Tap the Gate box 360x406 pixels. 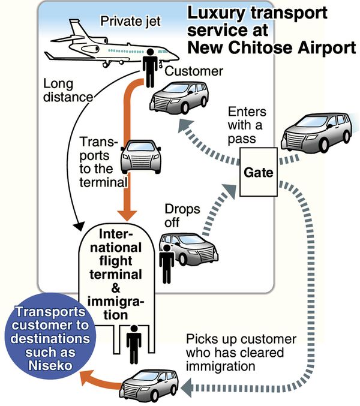click(x=259, y=173)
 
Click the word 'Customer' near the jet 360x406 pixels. click(x=194, y=71)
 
